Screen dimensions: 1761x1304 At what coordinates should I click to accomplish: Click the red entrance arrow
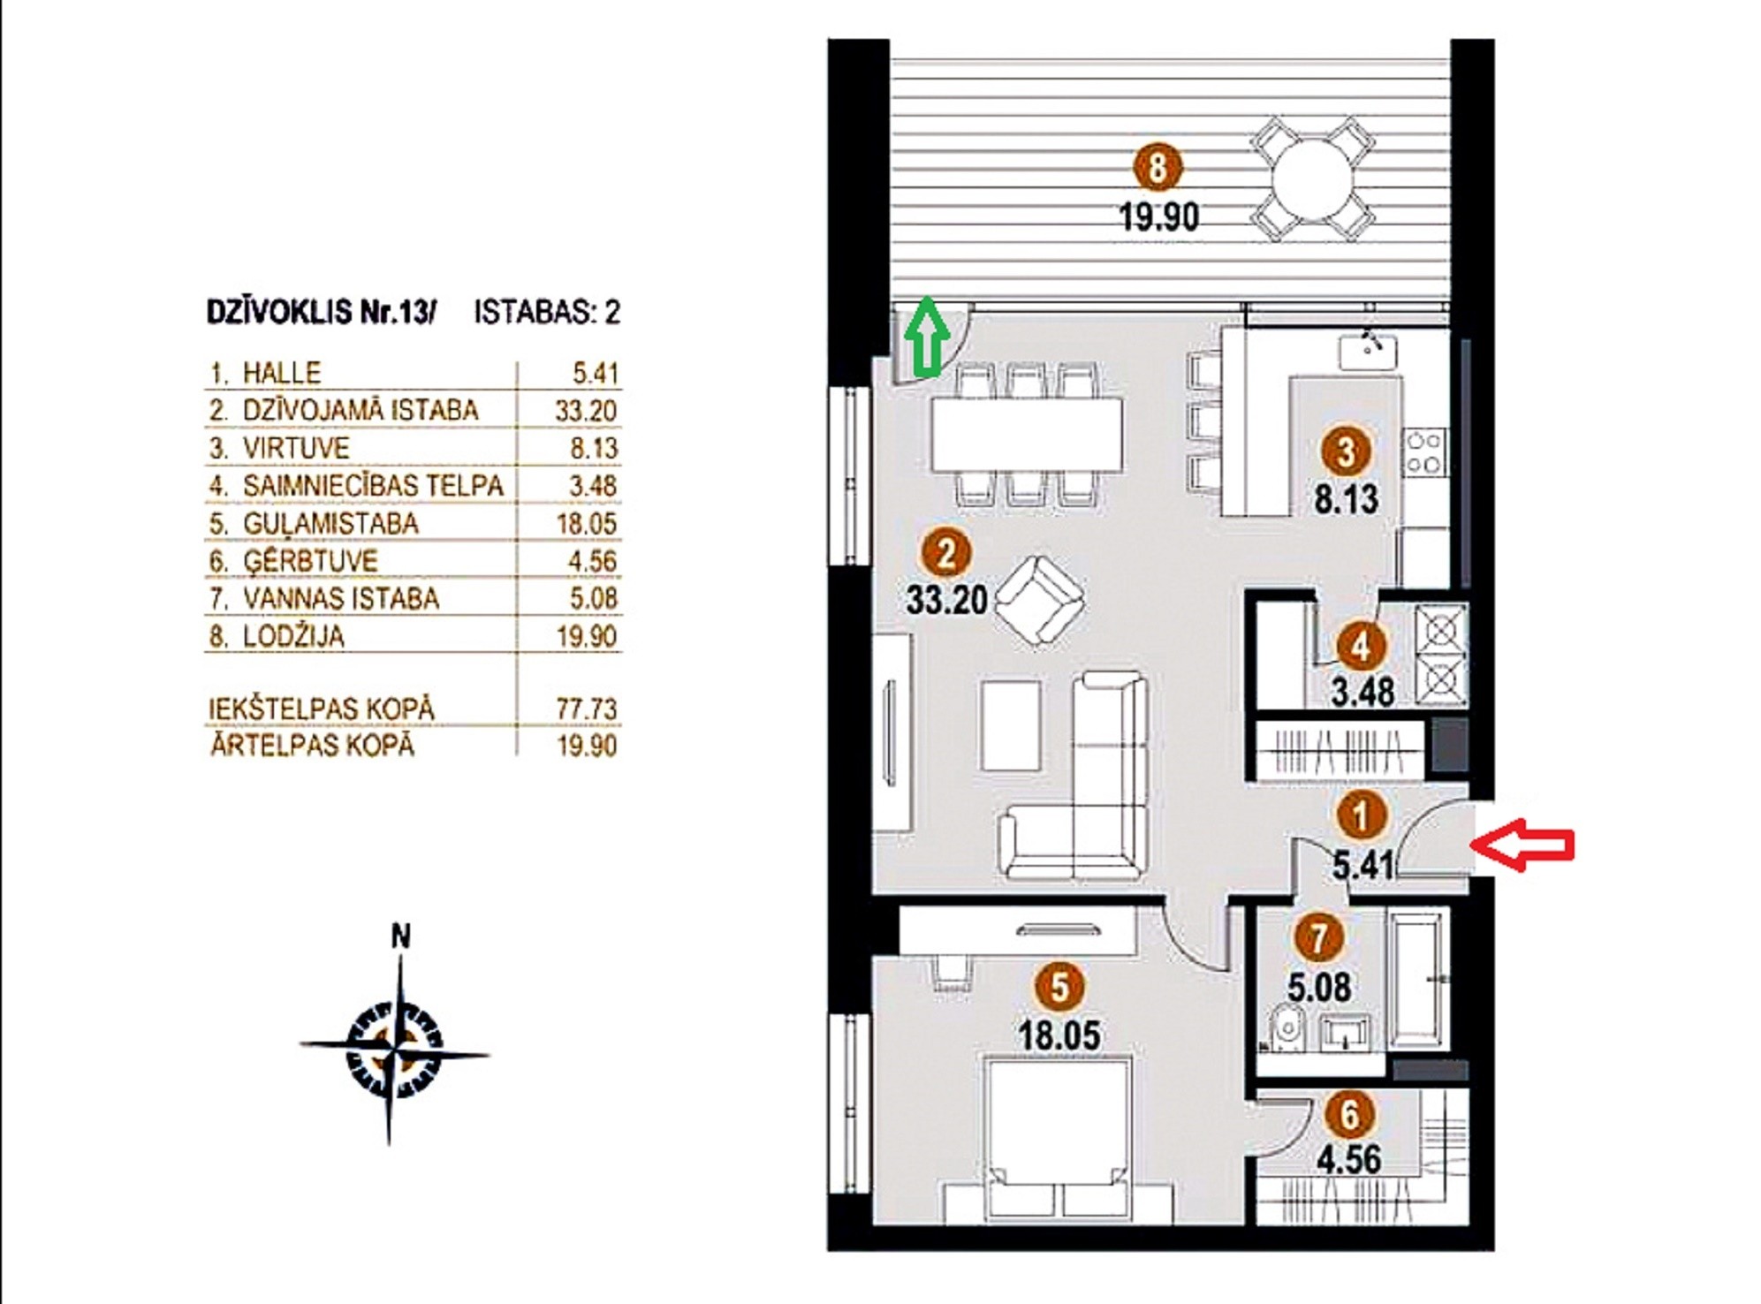click(1522, 845)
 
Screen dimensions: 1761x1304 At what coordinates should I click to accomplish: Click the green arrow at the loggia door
click(926, 337)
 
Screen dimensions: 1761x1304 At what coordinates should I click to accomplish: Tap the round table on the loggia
click(1312, 180)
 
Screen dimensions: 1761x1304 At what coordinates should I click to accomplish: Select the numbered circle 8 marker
click(1158, 167)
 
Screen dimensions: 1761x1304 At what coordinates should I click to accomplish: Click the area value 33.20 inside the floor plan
click(946, 600)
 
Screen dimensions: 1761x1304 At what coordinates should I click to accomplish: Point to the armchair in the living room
click(1039, 601)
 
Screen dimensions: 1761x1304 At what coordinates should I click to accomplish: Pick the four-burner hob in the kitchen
click(1423, 452)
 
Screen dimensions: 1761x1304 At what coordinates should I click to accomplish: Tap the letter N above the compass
click(401, 936)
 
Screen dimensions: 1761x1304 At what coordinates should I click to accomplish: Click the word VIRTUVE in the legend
click(296, 448)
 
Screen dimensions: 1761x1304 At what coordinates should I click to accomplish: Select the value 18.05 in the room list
click(587, 523)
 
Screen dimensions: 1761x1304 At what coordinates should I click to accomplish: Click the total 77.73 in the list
click(587, 709)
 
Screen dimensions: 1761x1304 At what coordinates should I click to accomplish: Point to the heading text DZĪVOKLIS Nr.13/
click(322, 312)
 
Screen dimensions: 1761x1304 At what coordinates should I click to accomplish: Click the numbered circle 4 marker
click(1360, 647)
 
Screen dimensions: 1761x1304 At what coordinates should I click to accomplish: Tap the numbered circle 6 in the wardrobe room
click(1349, 1115)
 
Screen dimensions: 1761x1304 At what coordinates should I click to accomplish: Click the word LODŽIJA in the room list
click(293, 636)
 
